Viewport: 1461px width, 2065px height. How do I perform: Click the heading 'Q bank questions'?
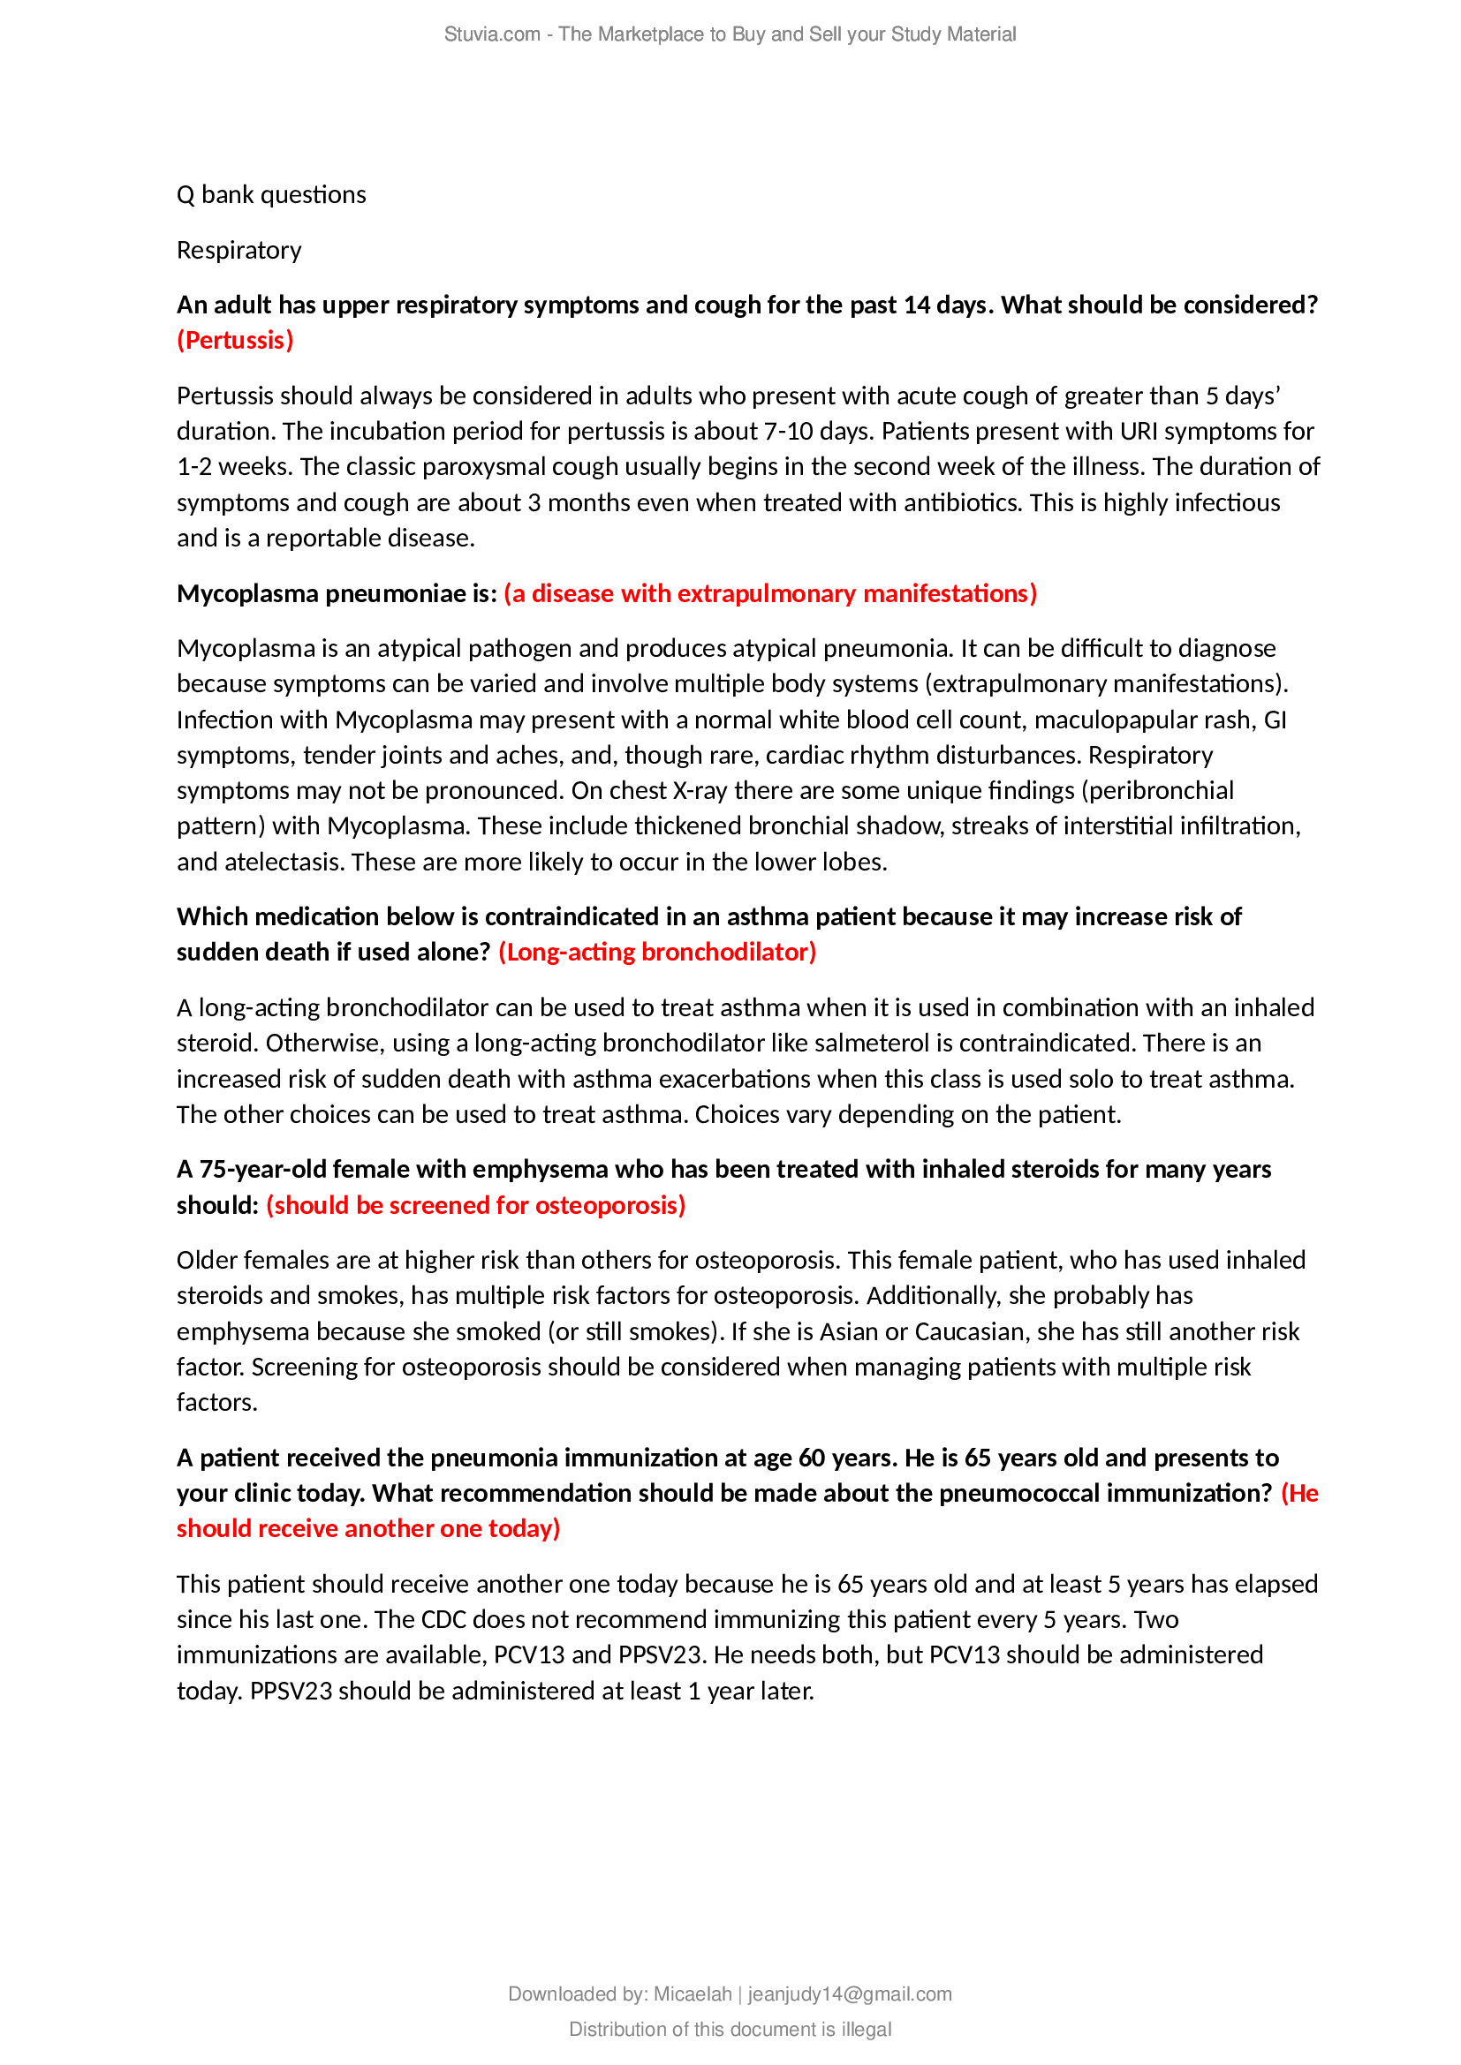pyautogui.click(x=271, y=195)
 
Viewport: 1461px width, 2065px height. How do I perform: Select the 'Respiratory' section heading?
pyautogui.click(x=238, y=250)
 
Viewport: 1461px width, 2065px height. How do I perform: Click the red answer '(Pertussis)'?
pyautogui.click(x=235, y=341)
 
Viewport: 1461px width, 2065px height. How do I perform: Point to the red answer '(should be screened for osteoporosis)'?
pyautogui.click(x=475, y=1205)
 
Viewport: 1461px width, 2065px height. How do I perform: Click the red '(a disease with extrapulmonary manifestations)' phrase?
pyautogui.click(x=770, y=593)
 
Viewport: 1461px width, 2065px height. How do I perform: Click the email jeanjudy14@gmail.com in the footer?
pyautogui.click(x=849, y=1994)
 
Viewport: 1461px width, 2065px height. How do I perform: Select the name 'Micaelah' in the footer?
pyautogui.click(x=692, y=1994)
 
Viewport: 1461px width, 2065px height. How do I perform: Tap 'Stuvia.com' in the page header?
pyautogui.click(x=491, y=34)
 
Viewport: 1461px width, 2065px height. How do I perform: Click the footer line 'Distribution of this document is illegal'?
pyautogui.click(x=730, y=2029)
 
